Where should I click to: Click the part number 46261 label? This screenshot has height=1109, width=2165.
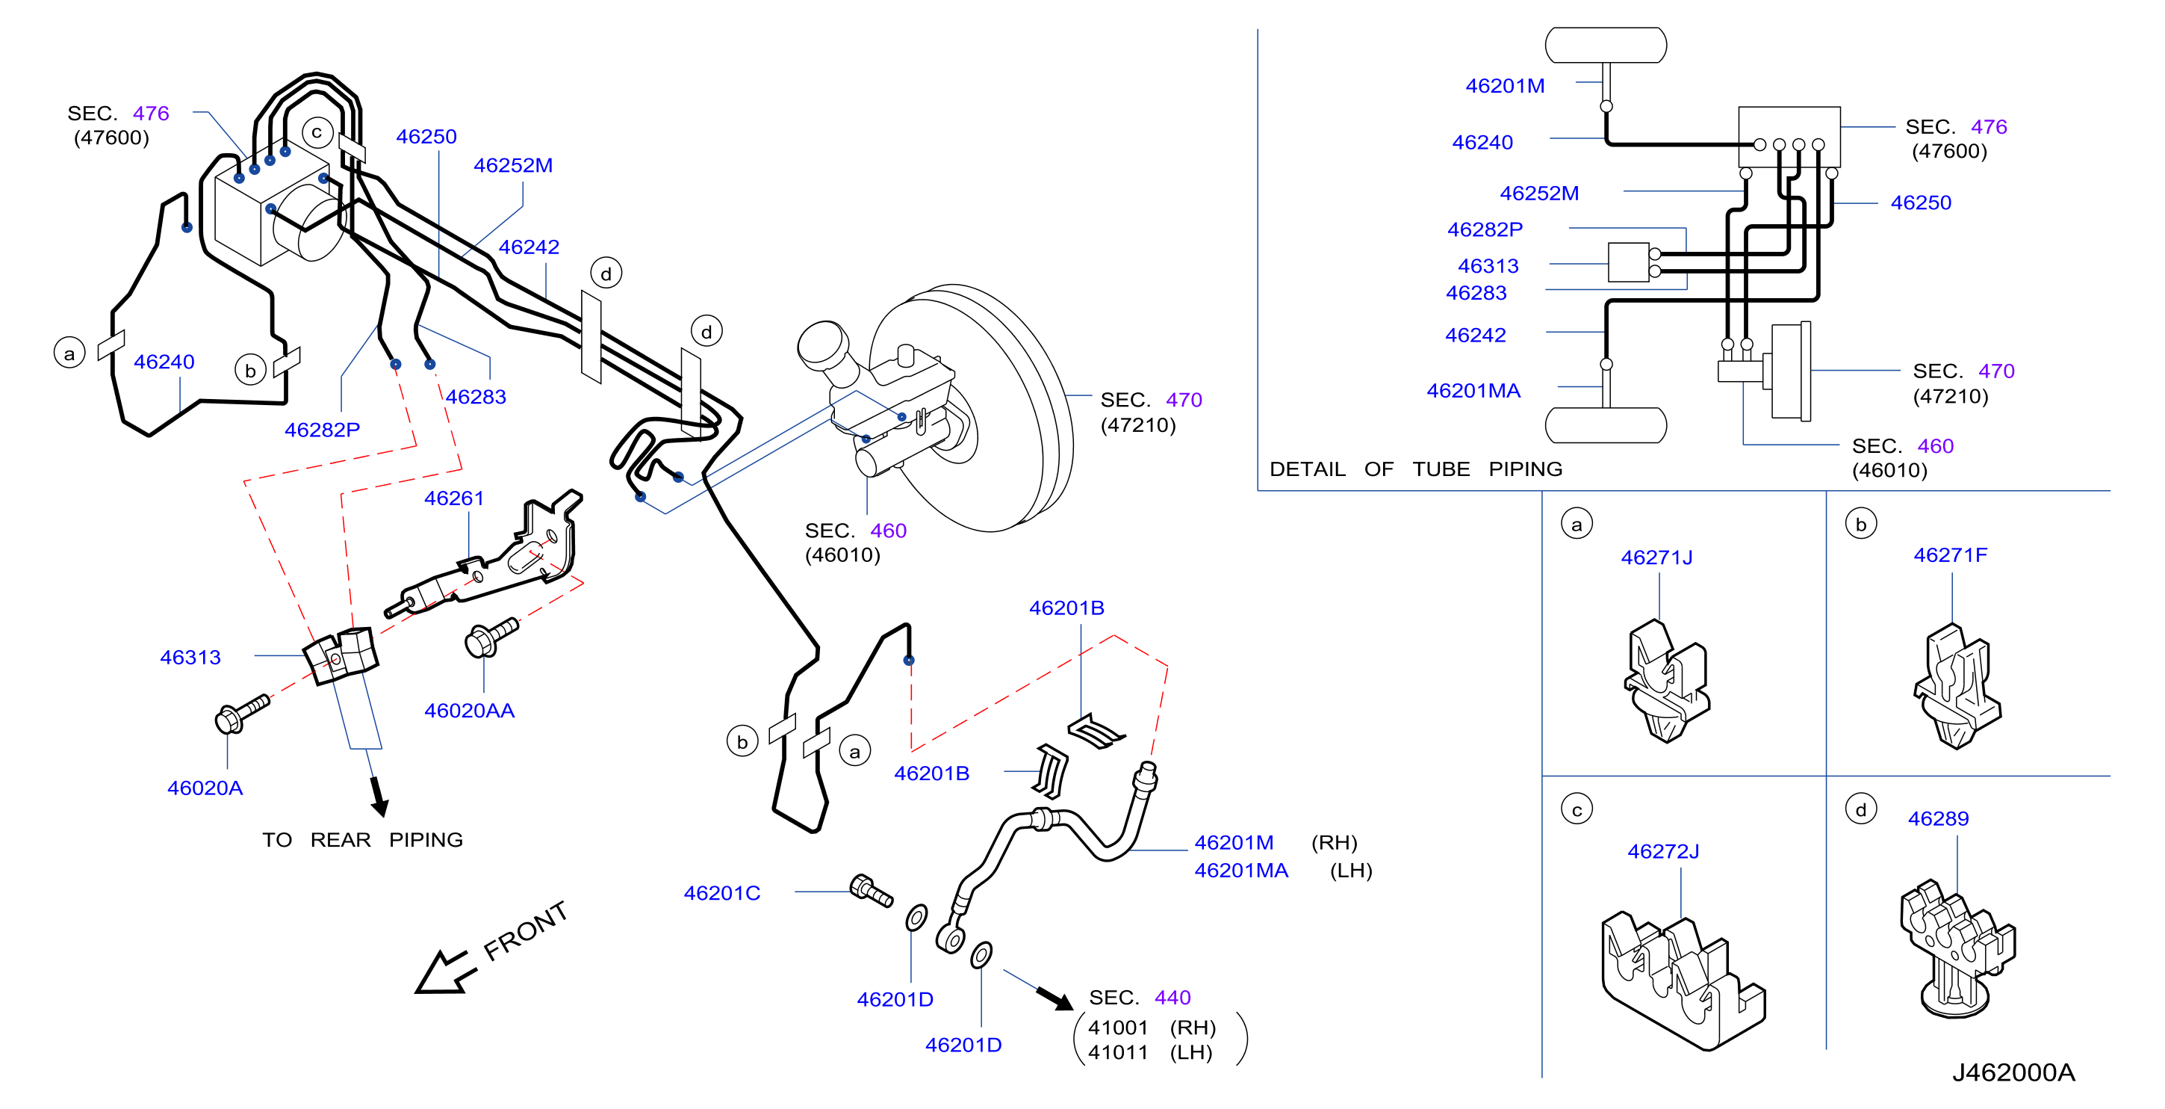click(454, 498)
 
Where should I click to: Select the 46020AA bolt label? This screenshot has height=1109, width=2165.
click(469, 711)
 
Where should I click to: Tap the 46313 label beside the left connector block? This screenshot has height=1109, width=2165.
click(190, 658)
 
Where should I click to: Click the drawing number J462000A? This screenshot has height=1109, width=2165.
click(2013, 1073)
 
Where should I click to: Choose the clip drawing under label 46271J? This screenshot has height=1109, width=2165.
click(1668, 681)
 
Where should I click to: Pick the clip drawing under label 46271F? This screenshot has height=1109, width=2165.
click(1957, 686)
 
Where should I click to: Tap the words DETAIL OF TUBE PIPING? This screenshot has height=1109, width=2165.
click(1415, 469)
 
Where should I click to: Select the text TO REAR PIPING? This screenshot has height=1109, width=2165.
click(362, 840)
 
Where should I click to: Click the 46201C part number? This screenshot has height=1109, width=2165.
click(722, 894)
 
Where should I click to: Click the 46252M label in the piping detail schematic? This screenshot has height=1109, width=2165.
click(1539, 194)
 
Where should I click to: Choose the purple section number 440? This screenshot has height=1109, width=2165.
click(1172, 998)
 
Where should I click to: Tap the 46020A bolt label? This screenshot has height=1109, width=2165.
click(205, 788)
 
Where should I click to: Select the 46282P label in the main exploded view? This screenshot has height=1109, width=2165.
click(322, 430)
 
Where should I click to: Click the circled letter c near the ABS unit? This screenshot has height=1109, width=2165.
click(317, 132)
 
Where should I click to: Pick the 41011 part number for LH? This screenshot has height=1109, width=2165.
click(1118, 1053)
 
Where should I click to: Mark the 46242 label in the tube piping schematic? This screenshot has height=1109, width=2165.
click(1475, 336)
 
